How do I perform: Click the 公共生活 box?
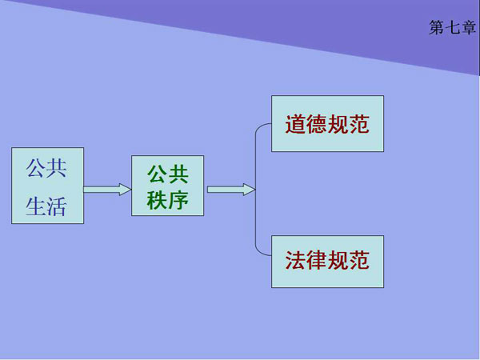[x=47, y=186]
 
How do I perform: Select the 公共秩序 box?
[x=167, y=186]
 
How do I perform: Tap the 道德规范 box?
[x=327, y=124]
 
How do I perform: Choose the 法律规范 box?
[x=327, y=262]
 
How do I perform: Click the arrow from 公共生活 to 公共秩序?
[x=107, y=190]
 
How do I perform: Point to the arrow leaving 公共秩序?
[x=230, y=190]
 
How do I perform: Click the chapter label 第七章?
[x=452, y=28]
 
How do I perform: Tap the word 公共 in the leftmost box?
[x=46, y=169]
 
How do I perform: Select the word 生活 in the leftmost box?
[x=46, y=207]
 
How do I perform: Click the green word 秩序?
[x=167, y=200]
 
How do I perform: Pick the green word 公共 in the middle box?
[x=167, y=174]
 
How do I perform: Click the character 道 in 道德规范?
[x=296, y=125]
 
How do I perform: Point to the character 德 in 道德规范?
[x=317, y=125]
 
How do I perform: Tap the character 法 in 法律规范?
[x=296, y=262]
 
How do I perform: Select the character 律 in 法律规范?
[x=317, y=262]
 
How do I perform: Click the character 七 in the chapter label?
[x=452, y=28]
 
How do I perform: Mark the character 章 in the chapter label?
[x=467, y=28]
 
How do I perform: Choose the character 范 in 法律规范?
[x=359, y=262]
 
